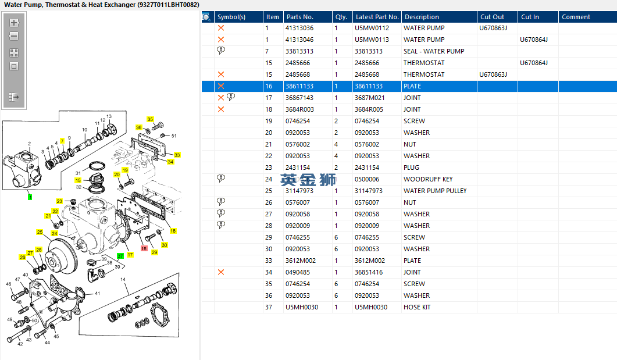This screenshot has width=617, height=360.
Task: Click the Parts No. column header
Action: (x=299, y=17)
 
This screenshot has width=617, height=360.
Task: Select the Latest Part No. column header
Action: (x=377, y=17)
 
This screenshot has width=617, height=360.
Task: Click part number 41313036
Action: (x=299, y=28)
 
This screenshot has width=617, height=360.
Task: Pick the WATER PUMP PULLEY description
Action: (x=435, y=191)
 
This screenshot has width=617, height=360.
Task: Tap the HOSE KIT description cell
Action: (x=417, y=307)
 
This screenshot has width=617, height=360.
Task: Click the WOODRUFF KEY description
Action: (x=428, y=179)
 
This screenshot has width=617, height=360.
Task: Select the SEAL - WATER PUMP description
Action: (x=434, y=51)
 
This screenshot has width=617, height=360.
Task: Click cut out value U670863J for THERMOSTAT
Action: (x=493, y=74)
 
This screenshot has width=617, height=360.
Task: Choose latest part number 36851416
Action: (x=369, y=272)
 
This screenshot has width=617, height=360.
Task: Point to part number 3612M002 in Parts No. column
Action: (x=301, y=261)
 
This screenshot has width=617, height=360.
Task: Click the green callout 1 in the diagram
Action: (x=30, y=197)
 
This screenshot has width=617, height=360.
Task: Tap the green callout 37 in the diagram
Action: (x=120, y=256)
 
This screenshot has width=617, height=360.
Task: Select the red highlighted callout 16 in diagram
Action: (x=144, y=247)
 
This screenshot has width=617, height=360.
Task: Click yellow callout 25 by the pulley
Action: (x=40, y=232)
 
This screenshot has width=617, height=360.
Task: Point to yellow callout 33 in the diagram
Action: (x=177, y=155)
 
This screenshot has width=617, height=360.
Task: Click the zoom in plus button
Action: (x=14, y=23)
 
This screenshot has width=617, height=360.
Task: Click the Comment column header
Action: (x=576, y=17)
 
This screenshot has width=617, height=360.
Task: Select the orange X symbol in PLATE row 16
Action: (x=221, y=86)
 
